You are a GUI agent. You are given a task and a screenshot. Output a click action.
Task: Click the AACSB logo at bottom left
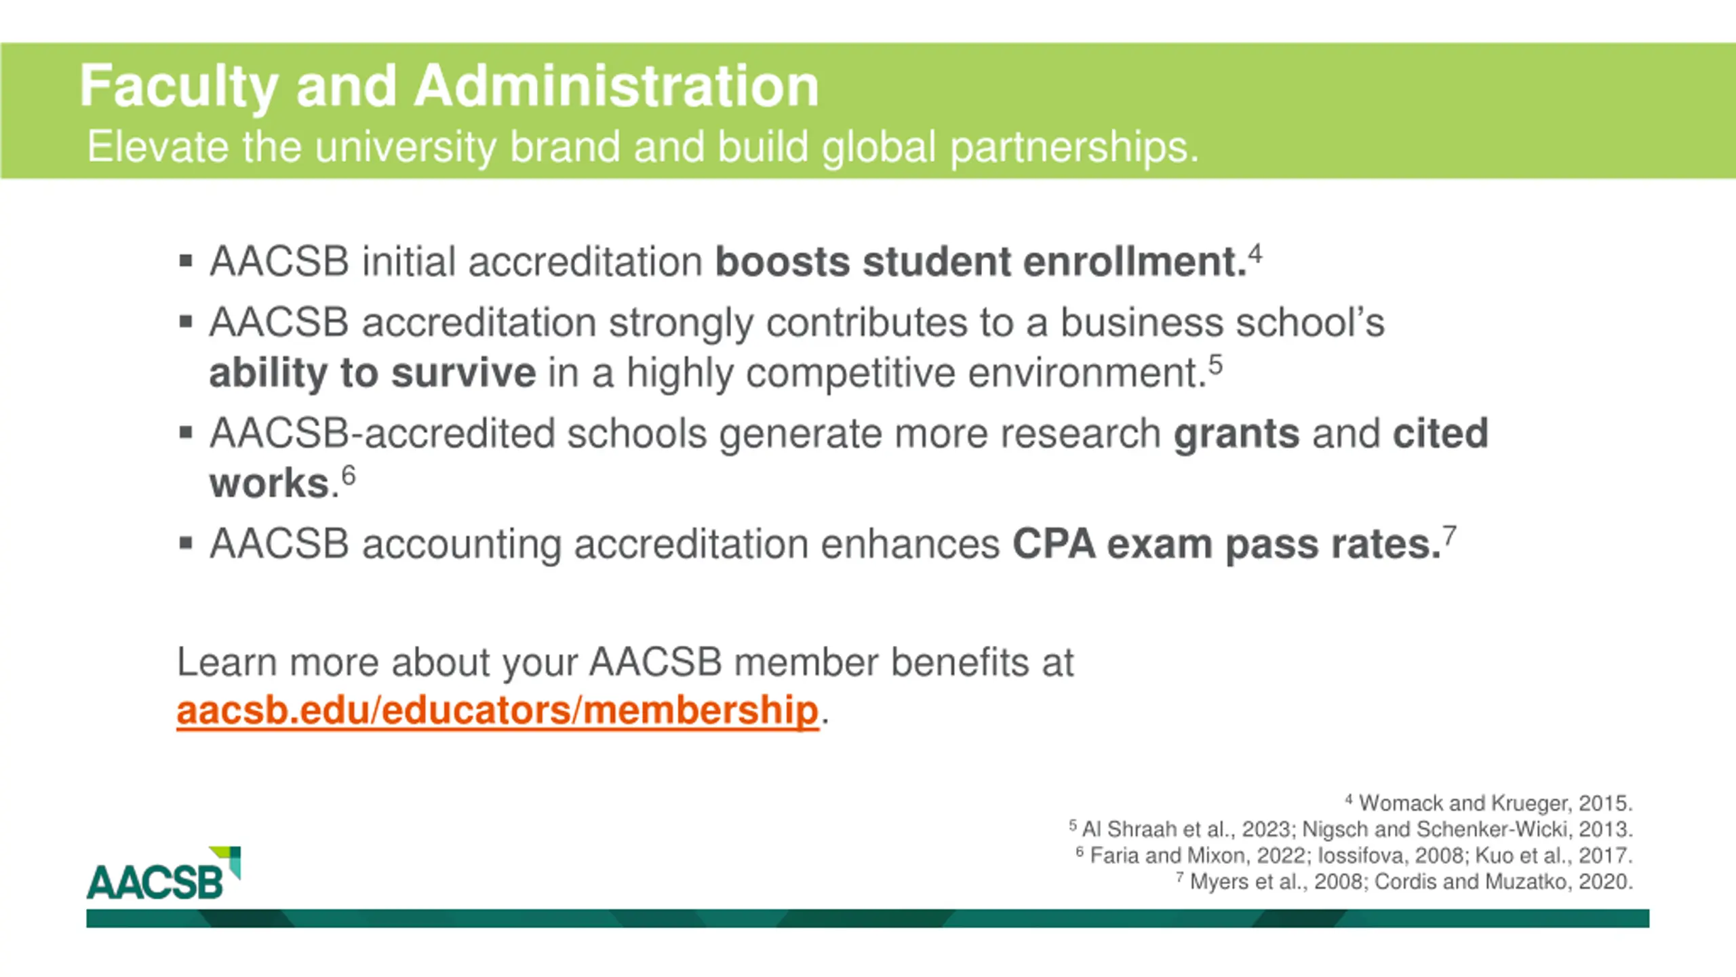163,875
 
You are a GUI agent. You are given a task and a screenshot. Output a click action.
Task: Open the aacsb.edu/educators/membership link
498,710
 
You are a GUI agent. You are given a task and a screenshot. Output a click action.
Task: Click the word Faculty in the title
178,86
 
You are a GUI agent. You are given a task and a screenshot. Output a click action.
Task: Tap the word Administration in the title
616,86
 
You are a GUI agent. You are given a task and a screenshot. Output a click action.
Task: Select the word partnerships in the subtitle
1073,147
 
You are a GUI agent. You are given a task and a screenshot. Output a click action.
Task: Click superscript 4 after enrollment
1255,254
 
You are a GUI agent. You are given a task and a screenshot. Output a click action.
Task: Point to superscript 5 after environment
1215,365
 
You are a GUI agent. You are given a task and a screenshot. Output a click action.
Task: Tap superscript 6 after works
349,476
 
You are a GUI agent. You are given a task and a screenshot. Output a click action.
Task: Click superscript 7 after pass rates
1449,536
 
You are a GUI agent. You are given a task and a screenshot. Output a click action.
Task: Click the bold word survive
464,372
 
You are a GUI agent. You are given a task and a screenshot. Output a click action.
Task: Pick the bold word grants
1236,434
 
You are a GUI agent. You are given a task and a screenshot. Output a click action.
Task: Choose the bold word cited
1440,434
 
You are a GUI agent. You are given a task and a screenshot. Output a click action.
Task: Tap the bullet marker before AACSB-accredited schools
186,432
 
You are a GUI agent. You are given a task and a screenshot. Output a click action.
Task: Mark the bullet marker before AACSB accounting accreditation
186,543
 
